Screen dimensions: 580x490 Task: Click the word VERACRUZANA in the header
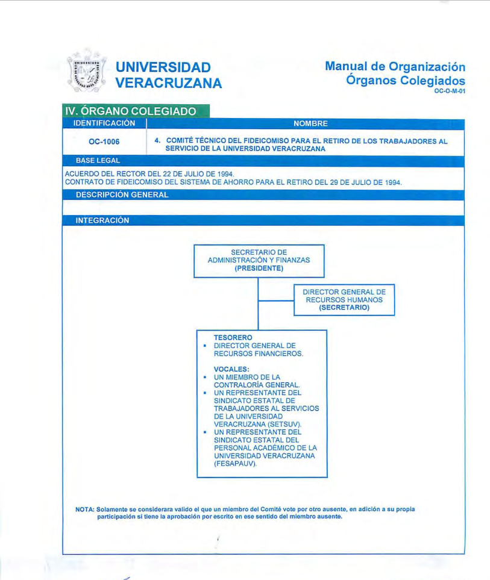click(168, 83)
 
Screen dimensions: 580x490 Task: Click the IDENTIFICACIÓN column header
click(104, 123)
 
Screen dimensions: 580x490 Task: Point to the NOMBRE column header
click(310, 123)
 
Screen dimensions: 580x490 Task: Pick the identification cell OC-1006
click(104, 142)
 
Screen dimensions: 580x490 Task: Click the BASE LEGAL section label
click(98, 161)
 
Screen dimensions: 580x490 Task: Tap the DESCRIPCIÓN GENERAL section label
click(122, 195)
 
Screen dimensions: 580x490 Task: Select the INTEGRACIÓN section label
click(102, 220)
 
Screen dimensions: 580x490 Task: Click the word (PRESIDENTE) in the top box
click(259, 269)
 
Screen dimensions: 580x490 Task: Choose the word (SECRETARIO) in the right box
click(344, 307)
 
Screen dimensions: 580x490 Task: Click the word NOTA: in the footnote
click(85, 509)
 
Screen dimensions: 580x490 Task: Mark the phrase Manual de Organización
click(395, 66)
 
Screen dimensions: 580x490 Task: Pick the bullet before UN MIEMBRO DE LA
click(206, 377)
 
